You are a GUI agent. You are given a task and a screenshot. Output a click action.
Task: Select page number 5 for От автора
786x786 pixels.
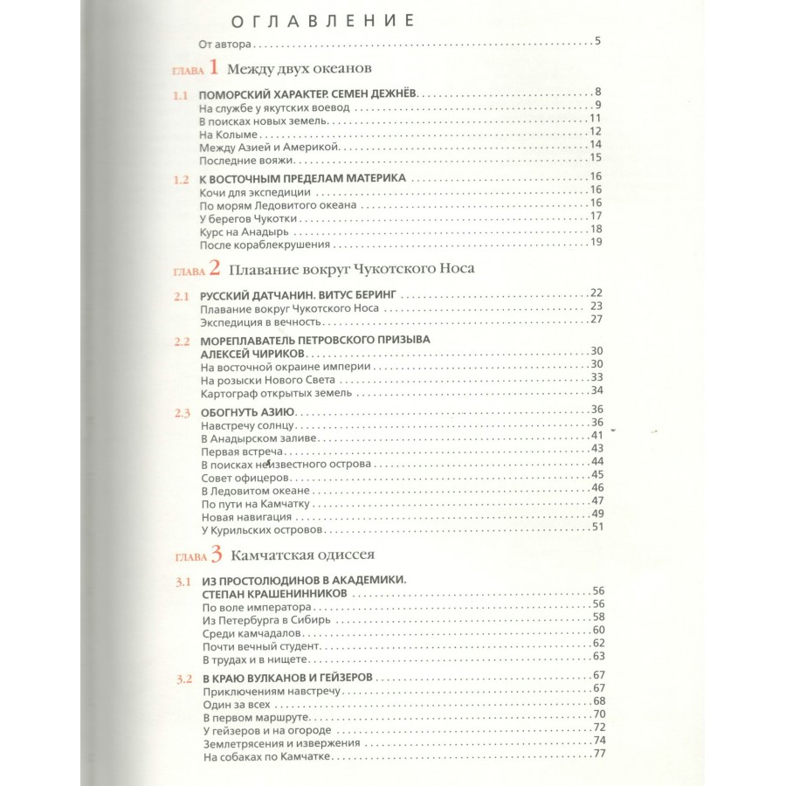pos(596,41)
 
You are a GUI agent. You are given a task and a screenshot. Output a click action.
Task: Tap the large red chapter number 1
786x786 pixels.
pos(215,68)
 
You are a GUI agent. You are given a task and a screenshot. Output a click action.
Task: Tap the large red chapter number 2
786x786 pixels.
pos(215,269)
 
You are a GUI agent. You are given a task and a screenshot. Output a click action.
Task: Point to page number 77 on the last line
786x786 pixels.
pos(598,755)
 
